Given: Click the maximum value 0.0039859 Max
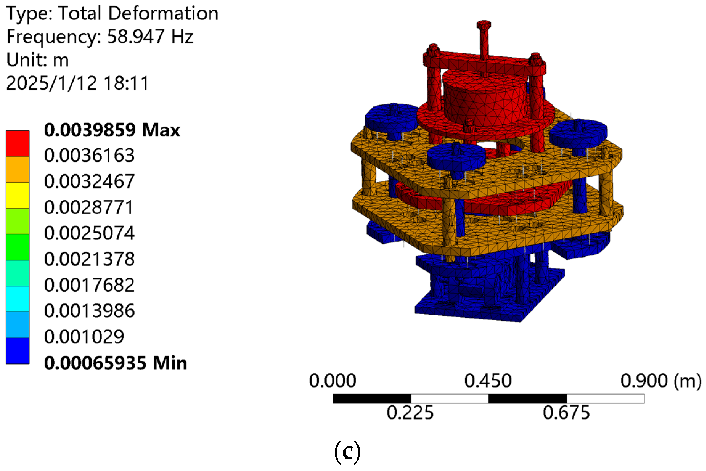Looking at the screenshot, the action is coord(112,130).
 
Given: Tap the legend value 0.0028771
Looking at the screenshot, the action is coord(89,207).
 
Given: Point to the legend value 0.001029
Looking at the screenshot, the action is coord(84,336).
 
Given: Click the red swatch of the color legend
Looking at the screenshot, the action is coord(18,144).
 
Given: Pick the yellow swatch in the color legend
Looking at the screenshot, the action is coord(18,195).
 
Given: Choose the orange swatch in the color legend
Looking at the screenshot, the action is coord(18,169).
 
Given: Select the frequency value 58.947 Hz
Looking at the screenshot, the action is coord(150,37).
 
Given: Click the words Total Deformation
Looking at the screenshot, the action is coord(138,13).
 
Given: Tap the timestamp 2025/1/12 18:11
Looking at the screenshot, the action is coord(78,83).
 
